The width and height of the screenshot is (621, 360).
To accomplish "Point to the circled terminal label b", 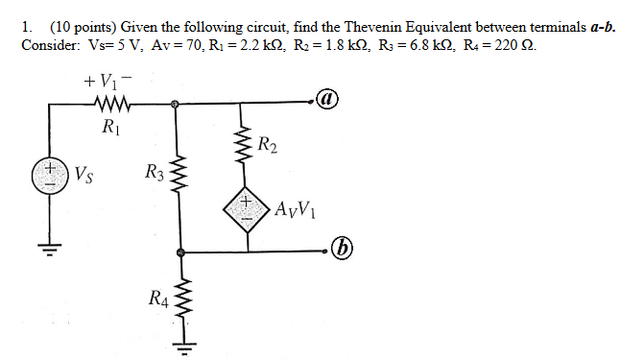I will [x=341, y=252].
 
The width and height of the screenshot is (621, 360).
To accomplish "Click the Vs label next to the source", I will [x=84, y=176].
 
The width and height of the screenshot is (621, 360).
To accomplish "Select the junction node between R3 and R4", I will [x=179, y=253].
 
